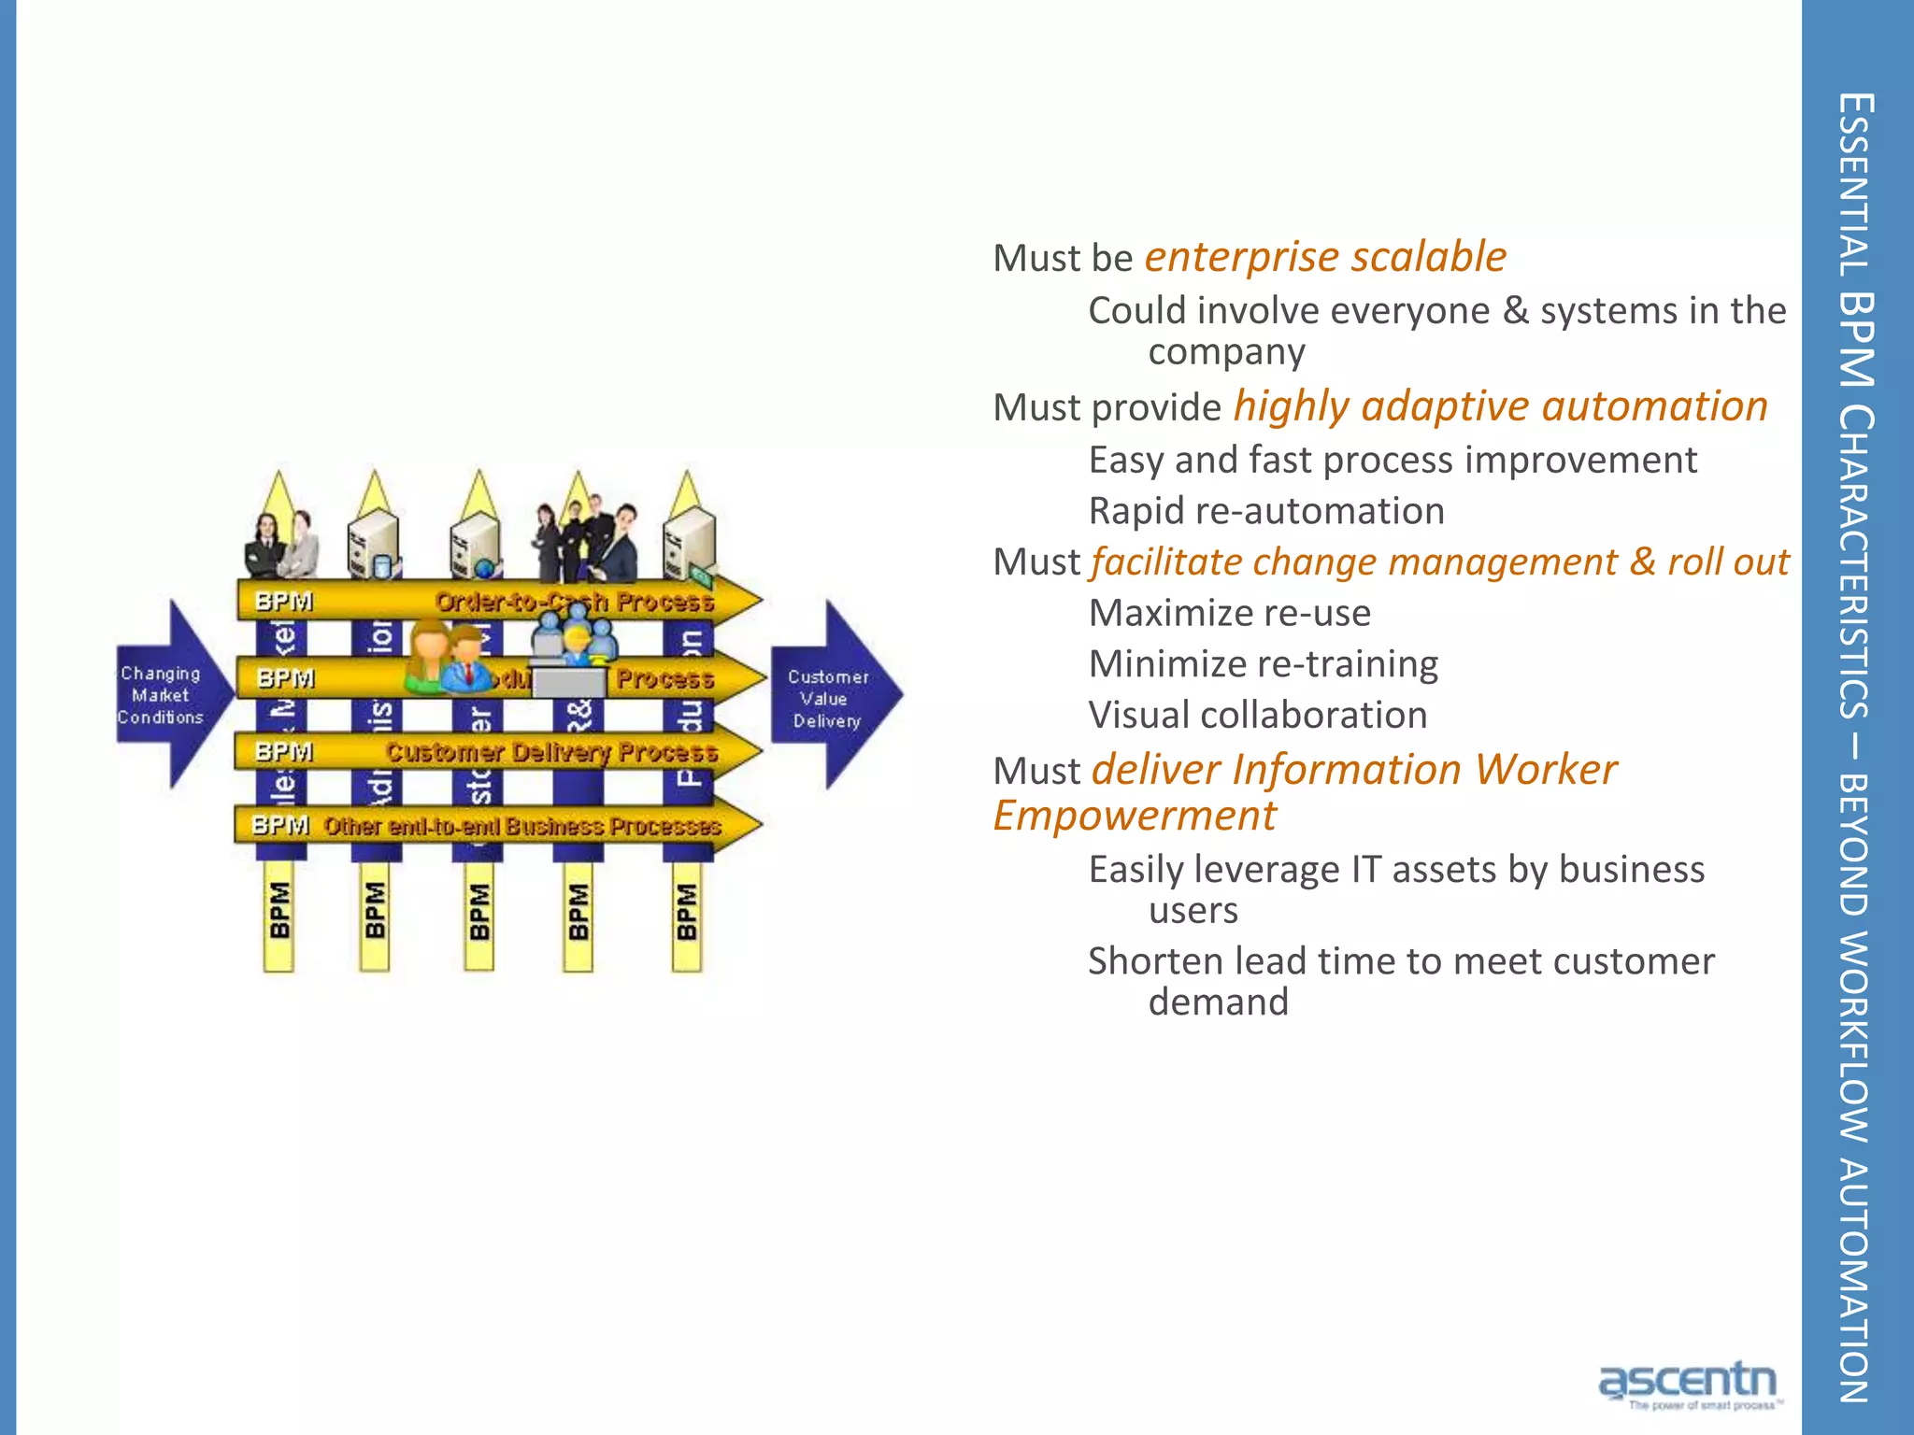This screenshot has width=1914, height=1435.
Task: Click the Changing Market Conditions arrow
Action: click(168, 695)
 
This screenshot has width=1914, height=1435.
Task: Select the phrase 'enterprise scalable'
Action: click(1325, 257)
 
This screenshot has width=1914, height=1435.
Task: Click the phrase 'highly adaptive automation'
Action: click(1500, 406)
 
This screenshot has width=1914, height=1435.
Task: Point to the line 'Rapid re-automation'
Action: click(1266, 511)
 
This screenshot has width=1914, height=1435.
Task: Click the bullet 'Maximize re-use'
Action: click(1230, 613)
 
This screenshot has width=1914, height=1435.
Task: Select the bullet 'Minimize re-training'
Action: click(1264, 664)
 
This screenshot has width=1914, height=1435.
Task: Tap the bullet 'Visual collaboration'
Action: click(1258, 716)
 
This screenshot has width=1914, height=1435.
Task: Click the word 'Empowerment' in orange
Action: click(1135, 816)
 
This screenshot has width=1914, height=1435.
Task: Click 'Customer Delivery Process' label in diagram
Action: click(551, 752)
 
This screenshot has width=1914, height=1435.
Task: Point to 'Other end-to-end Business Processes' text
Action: click(521, 827)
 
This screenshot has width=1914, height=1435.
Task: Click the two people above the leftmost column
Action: click(280, 545)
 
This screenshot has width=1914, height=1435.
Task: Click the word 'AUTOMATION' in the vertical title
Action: click(1855, 1280)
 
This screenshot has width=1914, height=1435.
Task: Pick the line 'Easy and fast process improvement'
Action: click(1393, 461)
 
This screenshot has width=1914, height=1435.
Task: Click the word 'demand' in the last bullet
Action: click(1218, 1002)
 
